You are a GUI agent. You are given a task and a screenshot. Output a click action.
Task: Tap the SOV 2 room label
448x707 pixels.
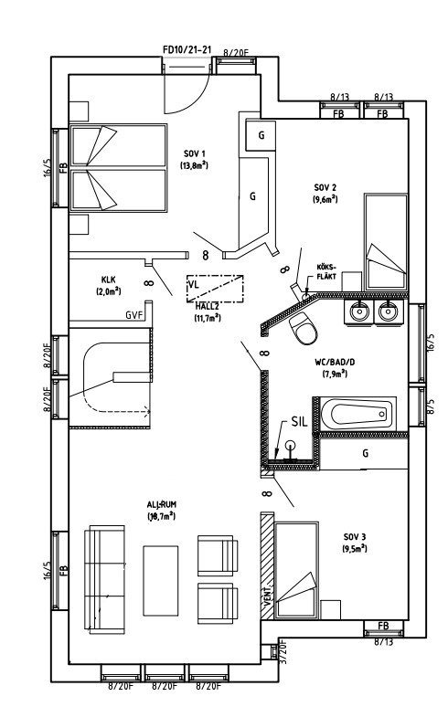tap(324, 186)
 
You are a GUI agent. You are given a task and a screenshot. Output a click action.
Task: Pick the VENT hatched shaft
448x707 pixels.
tap(268, 571)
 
